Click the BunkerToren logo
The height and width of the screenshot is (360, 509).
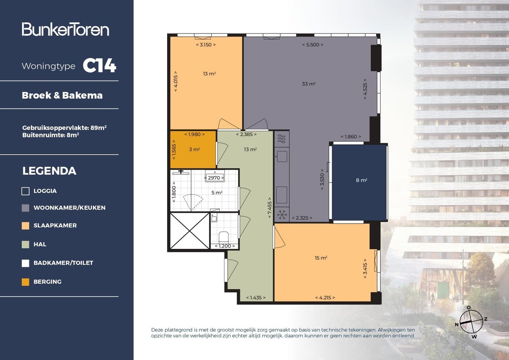click(66, 29)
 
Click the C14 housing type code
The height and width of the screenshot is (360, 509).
click(99, 66)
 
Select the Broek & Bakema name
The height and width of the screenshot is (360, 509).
click(62, 95)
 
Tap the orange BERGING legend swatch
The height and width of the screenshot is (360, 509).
click(25, 282)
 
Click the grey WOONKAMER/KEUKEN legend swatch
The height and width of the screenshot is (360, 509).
click(25, 208)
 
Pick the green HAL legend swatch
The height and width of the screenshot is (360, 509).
click(25, 244)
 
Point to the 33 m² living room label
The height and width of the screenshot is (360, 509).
click(308, 84)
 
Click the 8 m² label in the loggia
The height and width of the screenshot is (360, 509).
click(361, 180)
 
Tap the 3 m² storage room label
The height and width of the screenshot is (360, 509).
click(194, 149)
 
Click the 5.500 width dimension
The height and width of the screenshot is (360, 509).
click(313, 45)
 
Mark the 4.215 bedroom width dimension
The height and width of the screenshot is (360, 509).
click(325, 298)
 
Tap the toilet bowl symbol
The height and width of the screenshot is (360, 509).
click(224, 236)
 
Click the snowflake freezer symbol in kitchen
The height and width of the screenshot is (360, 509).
click(281, 215)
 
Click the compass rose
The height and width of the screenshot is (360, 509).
click(471, 322)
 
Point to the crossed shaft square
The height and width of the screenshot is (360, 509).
click(190, 231)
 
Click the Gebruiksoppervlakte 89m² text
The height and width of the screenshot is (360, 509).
click(64, 127)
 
